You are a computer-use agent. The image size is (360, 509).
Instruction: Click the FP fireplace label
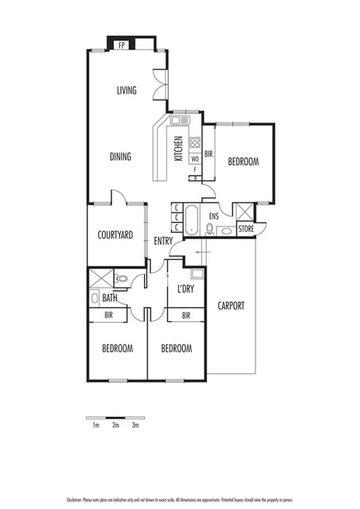[122, 45]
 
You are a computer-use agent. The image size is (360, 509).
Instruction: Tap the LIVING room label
[126, 91]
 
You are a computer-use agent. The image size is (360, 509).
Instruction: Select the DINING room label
[120, 156]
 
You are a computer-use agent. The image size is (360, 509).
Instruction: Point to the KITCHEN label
[178, 148]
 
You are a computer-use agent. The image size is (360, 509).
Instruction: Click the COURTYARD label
[116, 235]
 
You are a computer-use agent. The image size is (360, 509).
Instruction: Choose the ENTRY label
[163, 241]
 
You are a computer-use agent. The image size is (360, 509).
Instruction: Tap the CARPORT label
[231, 306]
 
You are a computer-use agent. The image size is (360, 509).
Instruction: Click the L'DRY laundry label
[186, 289]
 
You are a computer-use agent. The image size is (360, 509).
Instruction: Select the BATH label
[110, 298]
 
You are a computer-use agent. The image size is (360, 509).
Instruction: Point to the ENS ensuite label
[214, 216]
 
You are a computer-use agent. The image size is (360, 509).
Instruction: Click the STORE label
[245, 229]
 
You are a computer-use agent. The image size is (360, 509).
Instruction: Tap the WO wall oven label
[195, 159]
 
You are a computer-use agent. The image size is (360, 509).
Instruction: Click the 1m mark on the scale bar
[95, 425]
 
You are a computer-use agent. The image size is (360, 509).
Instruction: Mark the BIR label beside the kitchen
[208, 153]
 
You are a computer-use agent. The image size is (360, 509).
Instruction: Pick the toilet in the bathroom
[122, 278]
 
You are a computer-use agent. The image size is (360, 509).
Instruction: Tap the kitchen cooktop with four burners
[195, 142]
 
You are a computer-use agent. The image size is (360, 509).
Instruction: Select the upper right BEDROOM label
[243, 162]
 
